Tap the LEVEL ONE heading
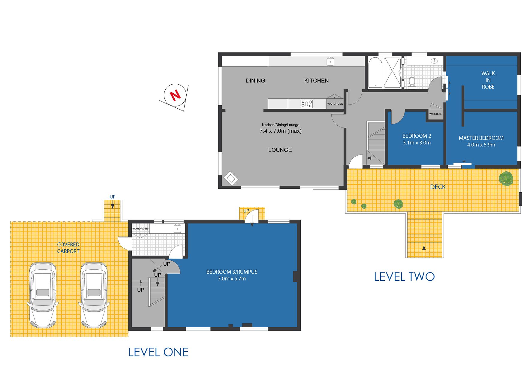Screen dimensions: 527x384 158,352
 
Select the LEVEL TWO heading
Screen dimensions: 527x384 404,277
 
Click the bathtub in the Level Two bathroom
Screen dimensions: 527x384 375,72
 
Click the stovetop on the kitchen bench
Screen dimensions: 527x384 307,104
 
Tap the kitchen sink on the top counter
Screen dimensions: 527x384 330,61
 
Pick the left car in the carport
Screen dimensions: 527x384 43,295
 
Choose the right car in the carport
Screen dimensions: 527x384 94,295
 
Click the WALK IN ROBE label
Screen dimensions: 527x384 488,80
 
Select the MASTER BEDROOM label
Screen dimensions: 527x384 481,138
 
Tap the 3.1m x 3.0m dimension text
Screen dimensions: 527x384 417,143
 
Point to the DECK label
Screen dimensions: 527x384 438,187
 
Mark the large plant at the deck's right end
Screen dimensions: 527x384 506,178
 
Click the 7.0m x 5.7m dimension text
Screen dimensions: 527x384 232,279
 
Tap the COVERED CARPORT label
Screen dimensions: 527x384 68,248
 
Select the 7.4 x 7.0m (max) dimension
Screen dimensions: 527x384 281,131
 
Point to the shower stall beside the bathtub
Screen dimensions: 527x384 393,72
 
